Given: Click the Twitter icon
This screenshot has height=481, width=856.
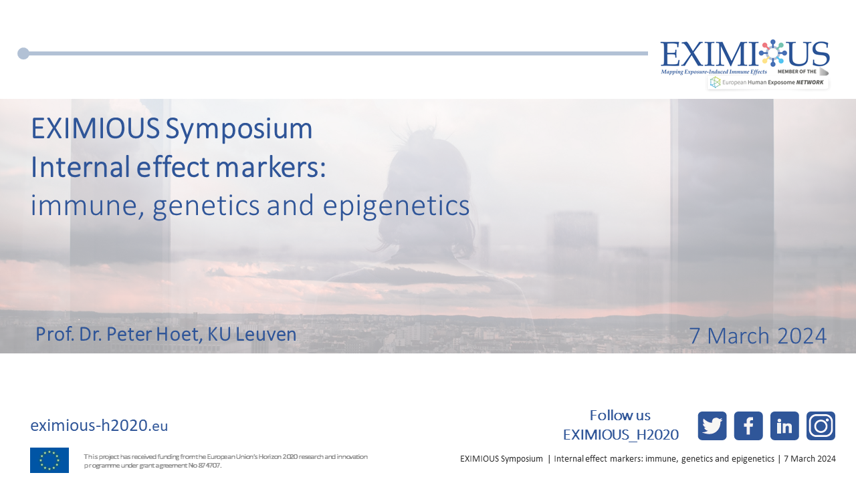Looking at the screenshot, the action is click(712, 426).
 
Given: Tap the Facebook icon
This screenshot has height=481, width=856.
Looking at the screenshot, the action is click(748, 426).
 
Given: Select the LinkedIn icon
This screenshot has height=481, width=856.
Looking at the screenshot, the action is click(784, 426).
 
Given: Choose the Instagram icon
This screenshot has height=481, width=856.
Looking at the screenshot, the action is click(821, 426).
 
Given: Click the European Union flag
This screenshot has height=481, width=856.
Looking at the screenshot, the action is click(49, 460).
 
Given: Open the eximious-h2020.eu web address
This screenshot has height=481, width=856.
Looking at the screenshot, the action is click(99, 426).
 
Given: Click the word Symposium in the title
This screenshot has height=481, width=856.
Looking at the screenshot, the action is click(239, 130).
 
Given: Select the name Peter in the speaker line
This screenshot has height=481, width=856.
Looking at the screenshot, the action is click(129, 334).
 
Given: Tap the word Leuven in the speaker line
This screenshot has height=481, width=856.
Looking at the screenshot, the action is click(265, 334).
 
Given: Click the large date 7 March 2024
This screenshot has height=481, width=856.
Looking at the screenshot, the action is click(758, 336).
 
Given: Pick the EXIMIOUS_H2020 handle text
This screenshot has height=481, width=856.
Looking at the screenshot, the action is click(621, 435).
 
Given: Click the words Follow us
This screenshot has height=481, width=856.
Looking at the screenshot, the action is click(620, 416).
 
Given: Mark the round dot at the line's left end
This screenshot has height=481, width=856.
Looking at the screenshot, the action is click(23, 53).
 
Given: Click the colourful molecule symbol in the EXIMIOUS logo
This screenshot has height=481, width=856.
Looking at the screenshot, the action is click(772, 53).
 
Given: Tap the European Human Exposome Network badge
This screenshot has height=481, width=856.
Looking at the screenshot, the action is click(768, 82).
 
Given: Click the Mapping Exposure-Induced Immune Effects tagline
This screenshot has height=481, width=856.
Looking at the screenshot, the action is click(714, 71).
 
